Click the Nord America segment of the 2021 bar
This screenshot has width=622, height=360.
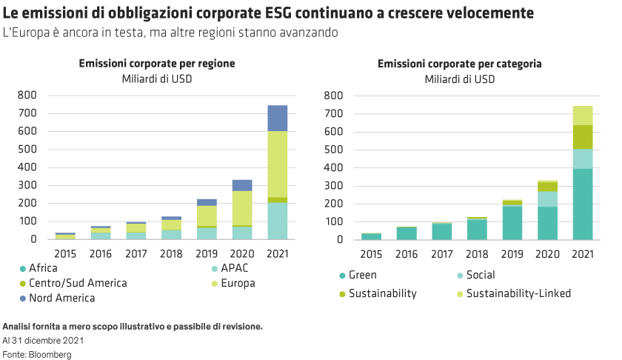[278, 118]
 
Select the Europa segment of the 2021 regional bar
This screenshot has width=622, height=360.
[278, 164]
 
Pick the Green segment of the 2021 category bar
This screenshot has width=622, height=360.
[583, 204]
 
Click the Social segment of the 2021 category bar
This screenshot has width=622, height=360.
[583, 159]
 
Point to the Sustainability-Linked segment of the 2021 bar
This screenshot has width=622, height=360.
[583, 115]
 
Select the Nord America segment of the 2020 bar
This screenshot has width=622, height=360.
[242, 184]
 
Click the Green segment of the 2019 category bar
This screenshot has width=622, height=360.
[512, 222]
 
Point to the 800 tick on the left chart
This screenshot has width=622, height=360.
[27, 96]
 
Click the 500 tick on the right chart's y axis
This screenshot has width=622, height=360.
[332, 150]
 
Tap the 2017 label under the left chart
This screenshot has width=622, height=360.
[136, 254]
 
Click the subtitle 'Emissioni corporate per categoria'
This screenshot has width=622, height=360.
[459, 64]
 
